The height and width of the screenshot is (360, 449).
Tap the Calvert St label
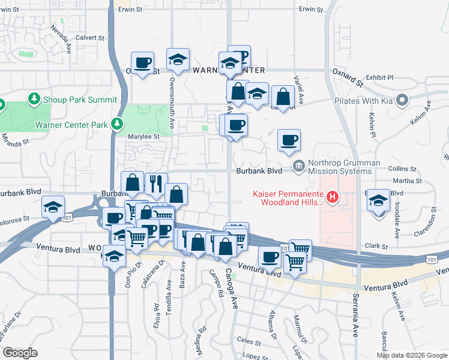pyautogui.click(x=91, y=37)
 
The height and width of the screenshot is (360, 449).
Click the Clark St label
pyautogui.click(x=377, y=246)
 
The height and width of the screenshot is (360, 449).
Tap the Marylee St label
pyautogui.click(x=144, y=136)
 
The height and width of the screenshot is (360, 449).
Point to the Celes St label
pyautogui.click(x=247, y=340)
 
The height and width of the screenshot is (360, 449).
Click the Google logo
pyautogui.click(x=20, y=352)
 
